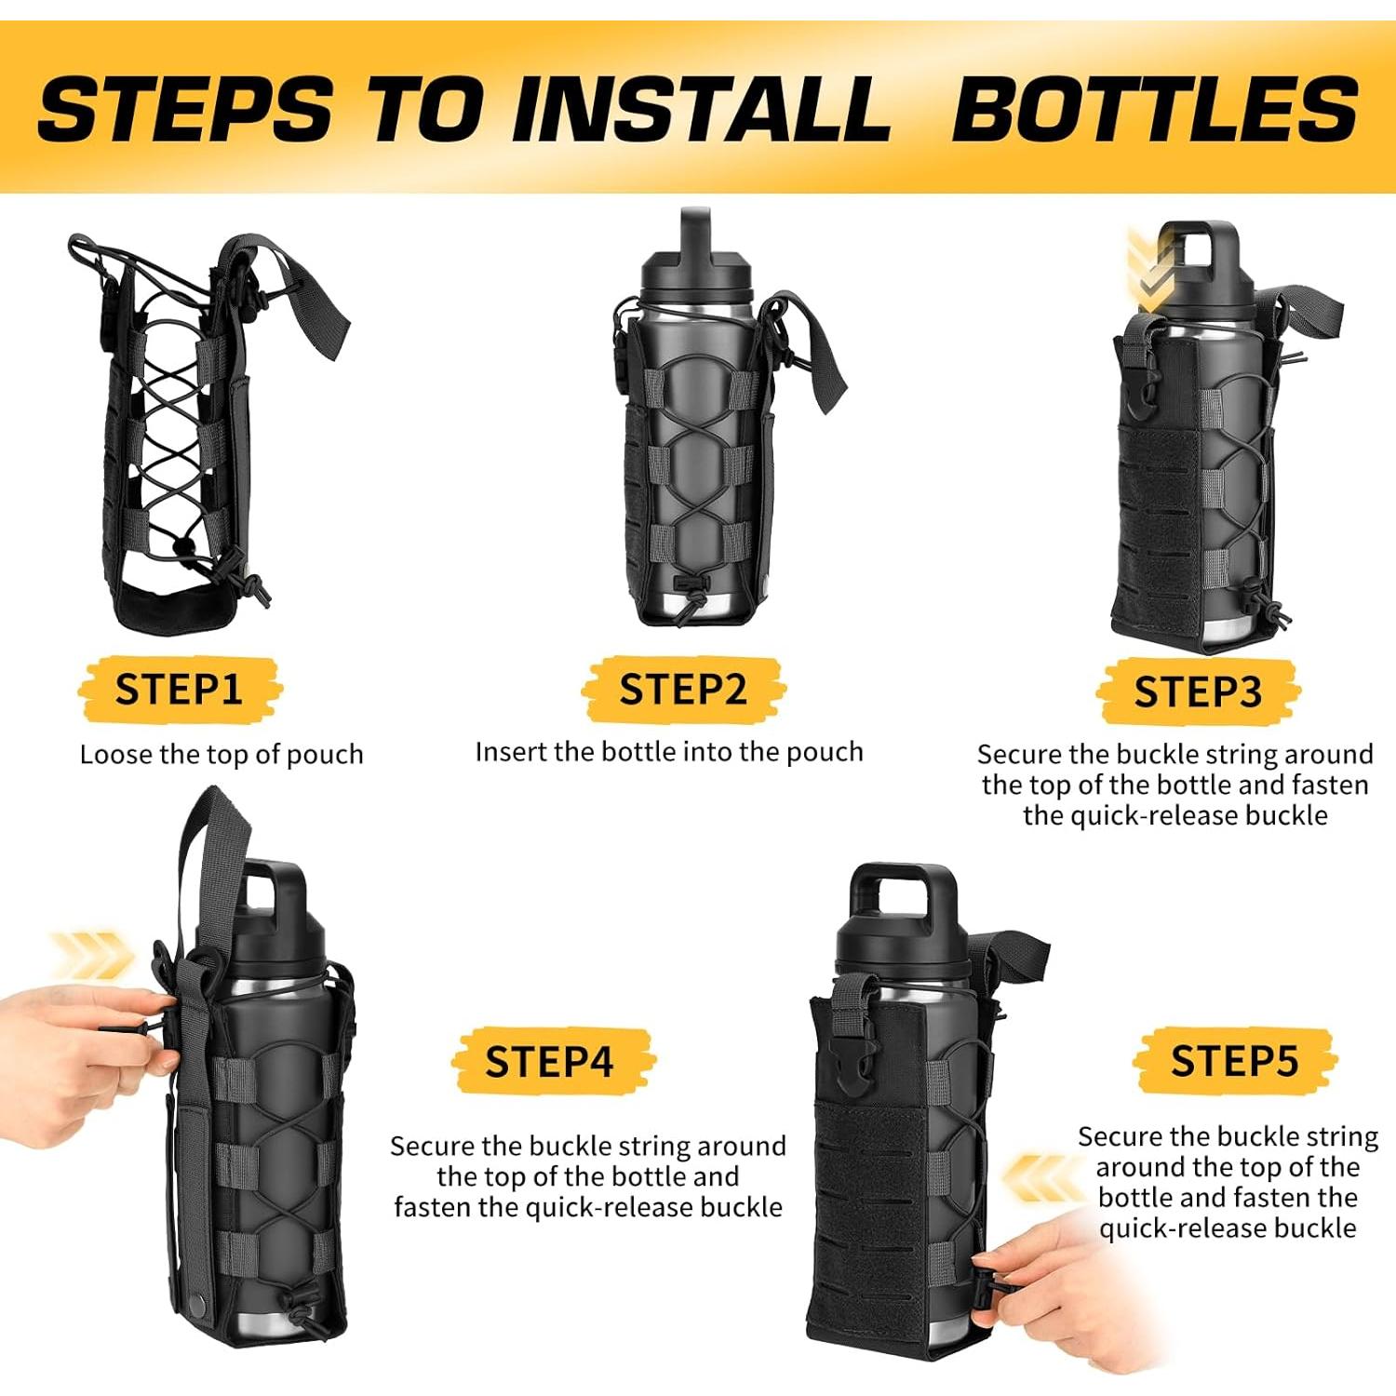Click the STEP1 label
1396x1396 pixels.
pyautogui.click(x=179, y=690)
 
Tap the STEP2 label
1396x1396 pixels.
pyautogui.click(x=683, y=690)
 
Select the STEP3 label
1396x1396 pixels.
pyautogui.click(x=1198, y=692)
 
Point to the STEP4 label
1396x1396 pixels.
pyautogui.click(x=549, y=1061)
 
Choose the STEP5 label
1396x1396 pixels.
pyautogui.click(x=1234, y=1061)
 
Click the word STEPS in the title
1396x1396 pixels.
pyautogui.click(x=185, y=109)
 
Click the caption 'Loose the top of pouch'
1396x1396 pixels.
pyautogui.click(x=221, y=754)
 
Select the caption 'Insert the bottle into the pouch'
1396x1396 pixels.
pyautogui.click(x=669, y=752)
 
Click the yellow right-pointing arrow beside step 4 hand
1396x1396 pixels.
pyautogui.click(x=93, y=956)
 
